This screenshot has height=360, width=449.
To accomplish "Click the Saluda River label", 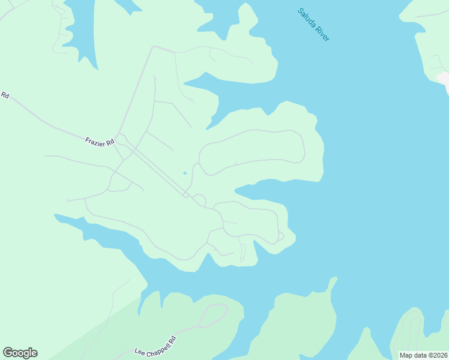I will (x=314, y=25).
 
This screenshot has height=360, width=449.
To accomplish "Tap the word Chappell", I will (x=155, y=347).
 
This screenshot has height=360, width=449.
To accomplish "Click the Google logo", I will (x=20, y=353).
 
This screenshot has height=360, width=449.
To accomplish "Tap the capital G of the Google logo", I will (x=8, y=352).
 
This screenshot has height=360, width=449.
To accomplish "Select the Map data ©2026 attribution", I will (x=423, y=355).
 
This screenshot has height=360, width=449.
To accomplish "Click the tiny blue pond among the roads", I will (x=185, y=173).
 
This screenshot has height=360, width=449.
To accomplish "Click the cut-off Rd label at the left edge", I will (x=5, y=95).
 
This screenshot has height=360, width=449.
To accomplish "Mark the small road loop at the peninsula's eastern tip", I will (x=279, y=238).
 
